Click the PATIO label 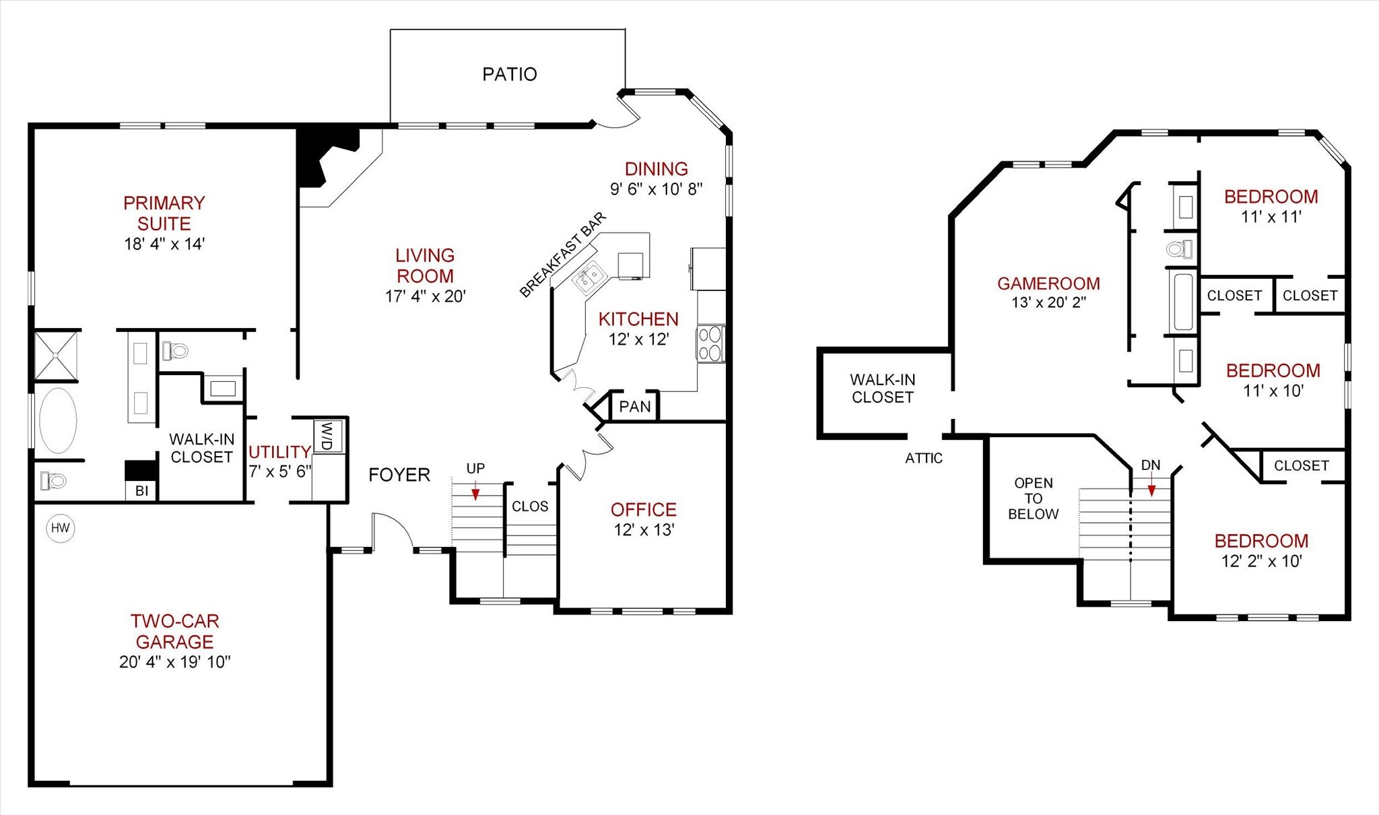pyautogui.click(x=510, y=74)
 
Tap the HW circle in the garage pyautogui.click(x=61, y=528)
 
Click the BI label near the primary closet pyautogui.click(x=141, y=491)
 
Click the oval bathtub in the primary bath pyautogui.click(x=58, y=421)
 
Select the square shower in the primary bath pyautogui.click(x=56, y=355)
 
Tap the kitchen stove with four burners pyautogui.click(x=710, y=344)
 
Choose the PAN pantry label pyautogui.click(x=635, y=407)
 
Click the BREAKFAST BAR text pyautogui.click(x=563, y=255)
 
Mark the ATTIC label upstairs pyautogui.click(x=923, y=459)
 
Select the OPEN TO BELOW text pyautogui.click(x=1033, y=498)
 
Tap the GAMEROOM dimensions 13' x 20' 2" pyautogui.click(x=1048, y=302)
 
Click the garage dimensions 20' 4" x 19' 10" pyautogui.click(x=174, y=662)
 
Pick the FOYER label pyautogui.click(x=399, y=475)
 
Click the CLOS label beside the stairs pyautogui.click(x=530, y=507)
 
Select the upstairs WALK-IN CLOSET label pyautogui.click(x=882, y=389)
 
